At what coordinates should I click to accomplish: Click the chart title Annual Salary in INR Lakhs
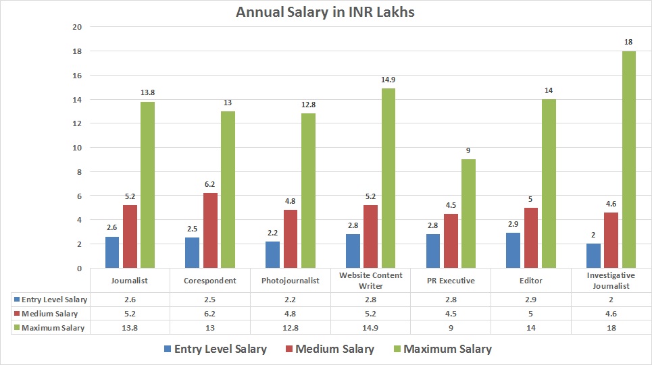click(326, 11)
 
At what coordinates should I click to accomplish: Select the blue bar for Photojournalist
click(272, 255)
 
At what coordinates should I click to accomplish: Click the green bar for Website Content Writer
click(388, 178)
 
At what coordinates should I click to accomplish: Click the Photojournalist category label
click(289, 281)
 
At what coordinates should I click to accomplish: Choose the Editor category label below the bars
click(531, 281)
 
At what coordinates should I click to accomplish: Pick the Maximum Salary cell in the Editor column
click(531, 328)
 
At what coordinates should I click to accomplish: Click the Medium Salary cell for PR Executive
click(451, 314)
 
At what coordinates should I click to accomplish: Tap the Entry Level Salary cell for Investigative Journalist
click(611, 299)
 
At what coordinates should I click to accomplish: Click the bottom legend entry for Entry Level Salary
click(214, 349)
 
